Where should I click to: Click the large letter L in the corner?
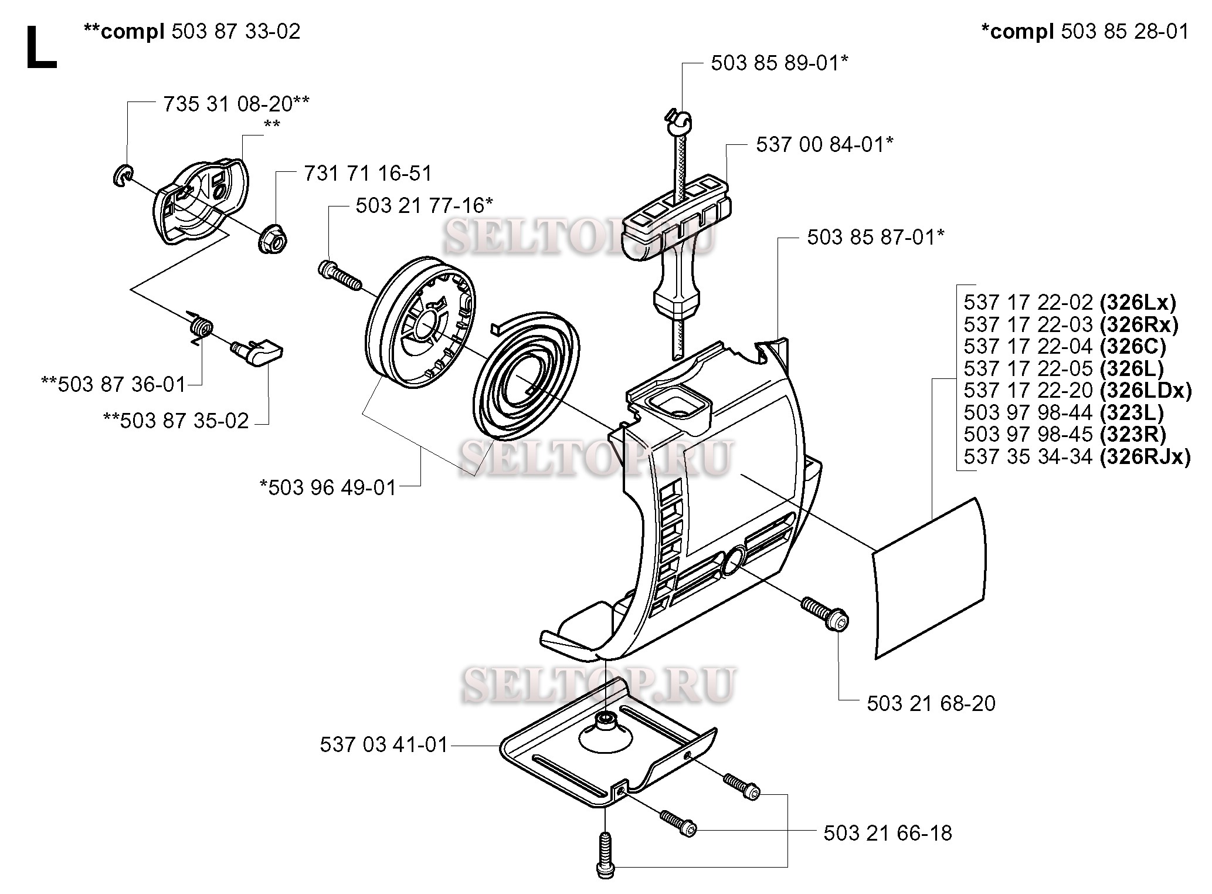click(x=41, y=48)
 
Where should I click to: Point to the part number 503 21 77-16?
click(x=424, y=206)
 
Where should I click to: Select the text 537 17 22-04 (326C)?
click(x=1064, y=347)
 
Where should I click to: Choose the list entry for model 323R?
click(x=1064, y=435)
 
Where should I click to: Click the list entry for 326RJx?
click(x=1077, y=456)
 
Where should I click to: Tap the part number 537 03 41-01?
click(x=383, y=745)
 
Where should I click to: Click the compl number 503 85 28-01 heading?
click(x=1085, y=31)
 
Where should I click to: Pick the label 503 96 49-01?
click(x=328, y=487)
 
